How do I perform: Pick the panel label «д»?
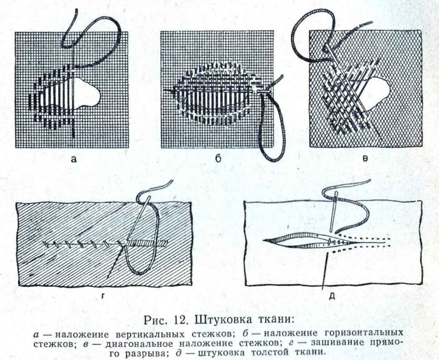pyautogui.click(x=332, y=295)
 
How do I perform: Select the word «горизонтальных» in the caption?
pyautogui.click(x=365, y=333)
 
